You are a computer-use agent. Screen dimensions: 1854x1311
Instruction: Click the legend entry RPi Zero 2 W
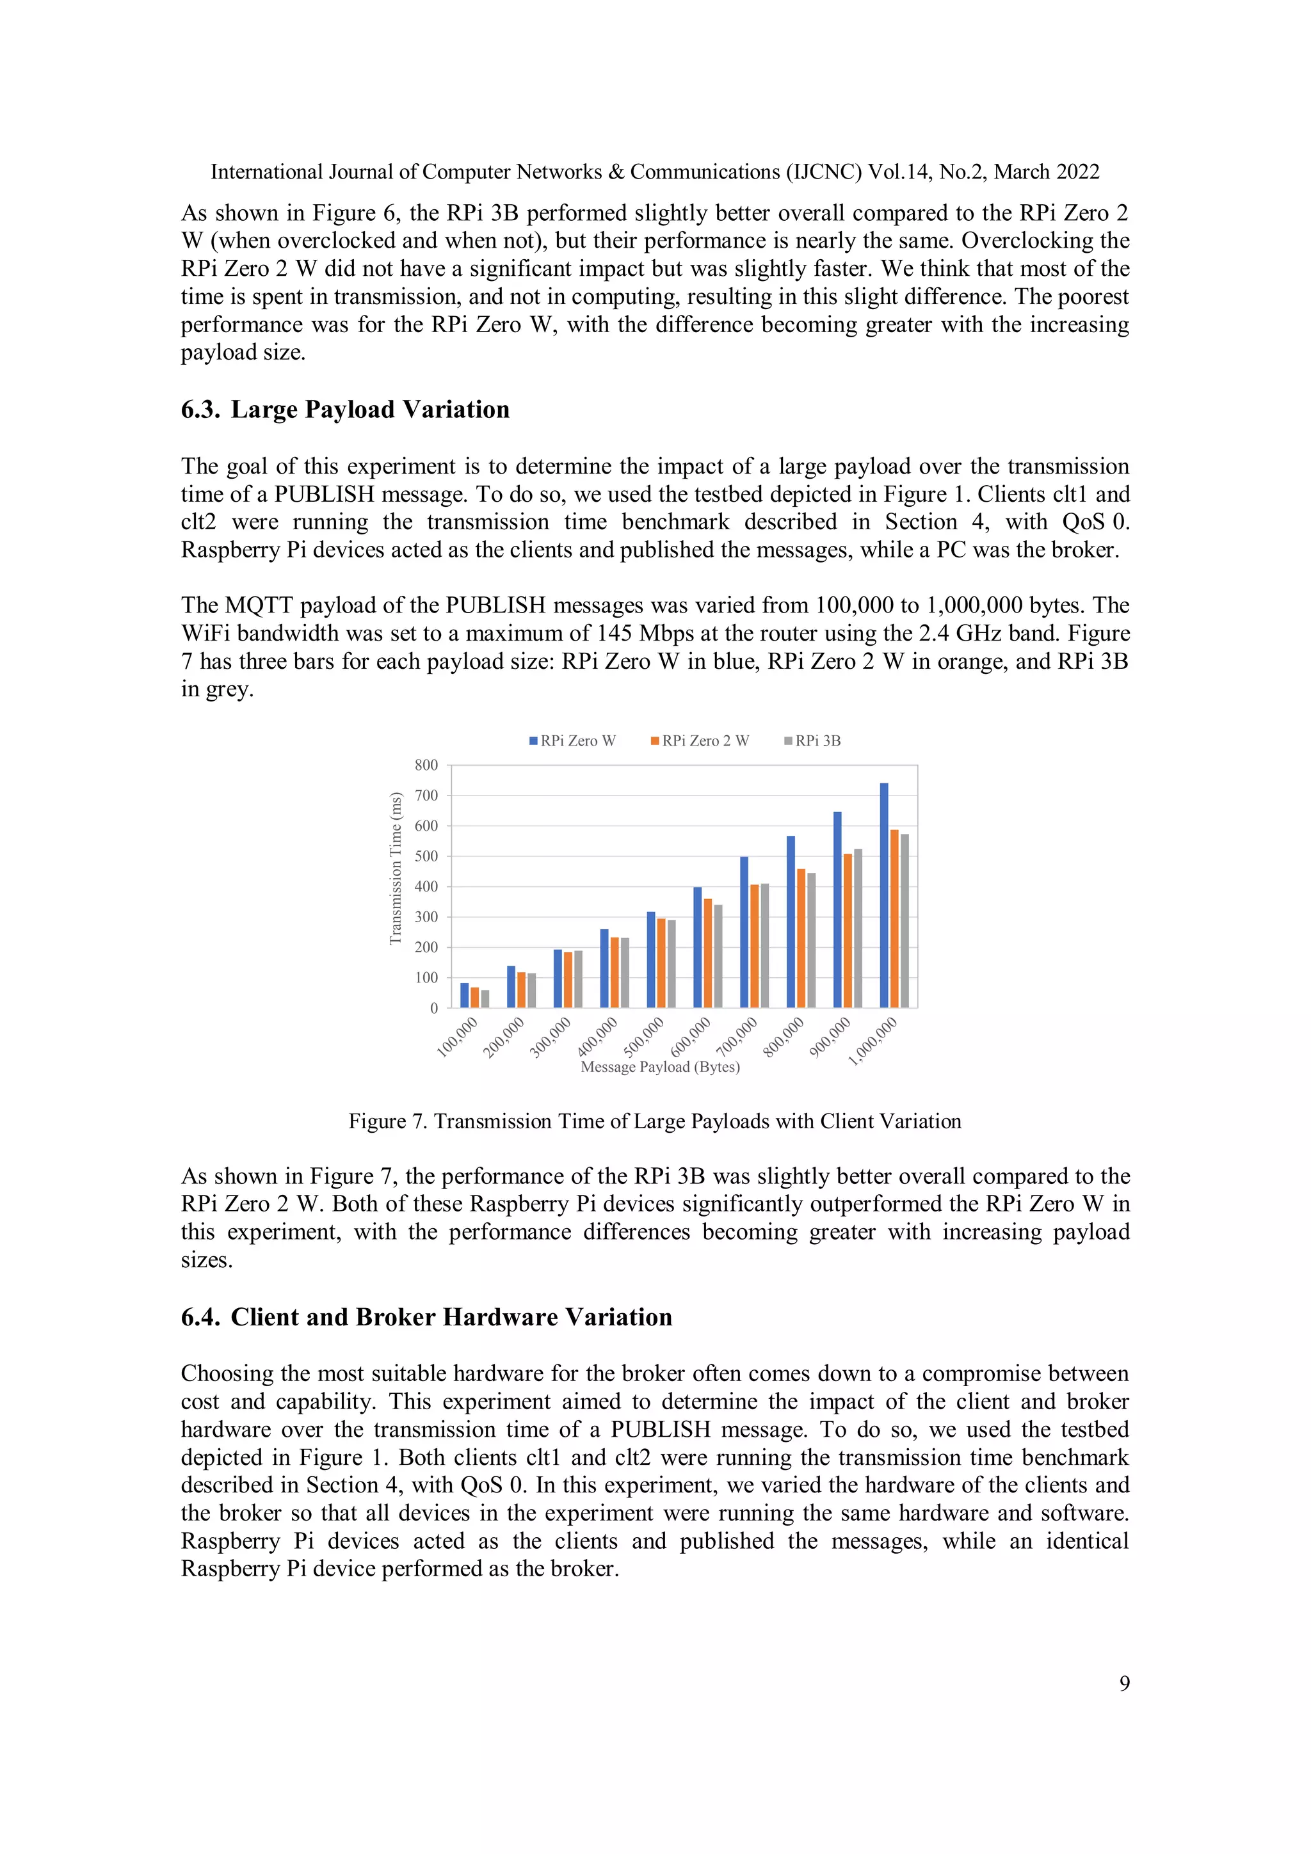point(700,740)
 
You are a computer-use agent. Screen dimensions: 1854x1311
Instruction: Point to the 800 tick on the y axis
point(426,765)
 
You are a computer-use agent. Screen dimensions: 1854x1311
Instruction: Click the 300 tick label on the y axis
point(426,916)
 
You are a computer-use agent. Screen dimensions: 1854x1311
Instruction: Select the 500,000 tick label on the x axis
point(644,1037)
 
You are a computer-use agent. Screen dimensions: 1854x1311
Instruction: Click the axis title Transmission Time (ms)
point(395,868)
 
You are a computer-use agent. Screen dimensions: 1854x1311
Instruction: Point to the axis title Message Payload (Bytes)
point(660,1067)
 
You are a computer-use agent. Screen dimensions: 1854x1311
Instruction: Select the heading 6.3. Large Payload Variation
point(346,410)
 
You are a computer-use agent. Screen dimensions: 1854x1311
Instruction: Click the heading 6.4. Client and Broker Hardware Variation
point(426,1317)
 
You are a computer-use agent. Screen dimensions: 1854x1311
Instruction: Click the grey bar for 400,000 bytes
point(624,972)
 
